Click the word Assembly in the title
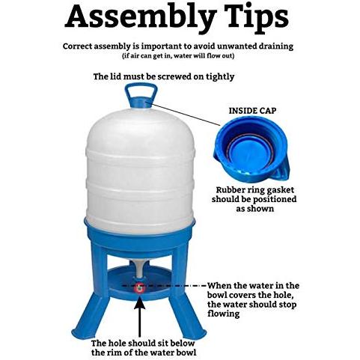141,18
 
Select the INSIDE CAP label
252,111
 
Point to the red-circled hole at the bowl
139,288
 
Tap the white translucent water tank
141,171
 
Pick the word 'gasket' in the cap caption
281,190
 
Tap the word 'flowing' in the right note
223,314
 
